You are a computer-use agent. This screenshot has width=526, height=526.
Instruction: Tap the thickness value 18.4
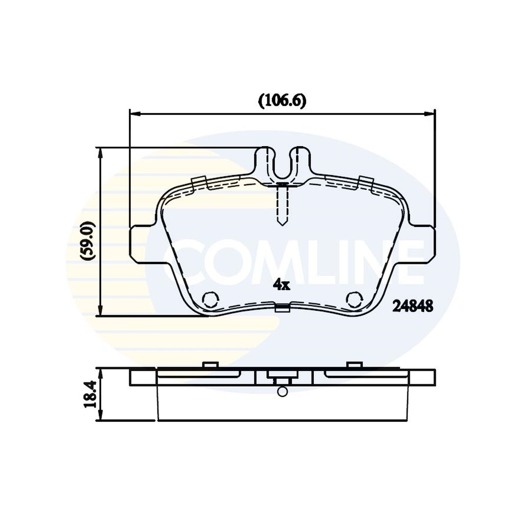pyautogui.click(x=90, y=394)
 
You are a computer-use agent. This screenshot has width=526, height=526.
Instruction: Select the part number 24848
pyautogui.click(x=413, y=306)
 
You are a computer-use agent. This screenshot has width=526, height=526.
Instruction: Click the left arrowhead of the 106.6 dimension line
pyautogui.click(x=135, y=114)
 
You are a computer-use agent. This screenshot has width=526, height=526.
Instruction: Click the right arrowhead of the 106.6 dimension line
pyautogui.click(x=430, y=114)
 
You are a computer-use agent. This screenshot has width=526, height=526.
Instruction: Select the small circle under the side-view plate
pyautogui.click(x=282, y=392)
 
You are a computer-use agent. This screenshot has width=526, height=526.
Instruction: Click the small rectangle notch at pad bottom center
pyautogui.click(x=282, y=308)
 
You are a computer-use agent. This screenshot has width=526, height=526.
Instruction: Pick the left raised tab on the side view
pyautogui.click(x=210, y=365)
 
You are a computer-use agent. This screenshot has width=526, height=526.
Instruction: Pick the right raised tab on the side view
pyautogui.click(x=354, y=365)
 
